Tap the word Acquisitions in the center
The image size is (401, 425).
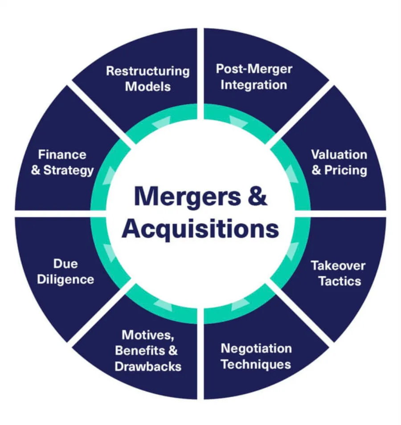pos(200,229)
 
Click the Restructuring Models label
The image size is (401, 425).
pos(147,78)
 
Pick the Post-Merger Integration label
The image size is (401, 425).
pos(254,77)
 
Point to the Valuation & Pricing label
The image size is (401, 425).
pos(339,163)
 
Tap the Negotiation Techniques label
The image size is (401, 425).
pos(256,356)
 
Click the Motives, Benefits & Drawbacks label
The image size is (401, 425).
pos(148,350)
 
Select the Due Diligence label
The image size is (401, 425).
pos(65,271)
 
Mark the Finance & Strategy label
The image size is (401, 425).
pos(62,162)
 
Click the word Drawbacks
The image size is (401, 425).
pos(148,366)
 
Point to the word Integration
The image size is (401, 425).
pos(254,85)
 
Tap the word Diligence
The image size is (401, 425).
pos(65,279)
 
